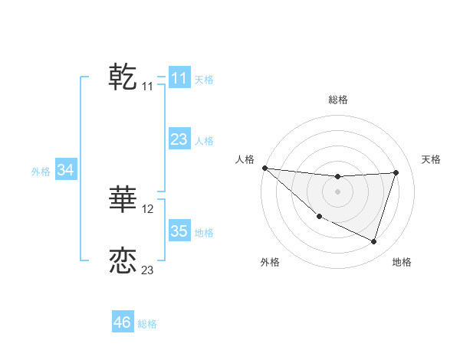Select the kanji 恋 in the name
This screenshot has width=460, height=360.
[123, 260]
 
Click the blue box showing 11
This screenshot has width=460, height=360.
[179, 77]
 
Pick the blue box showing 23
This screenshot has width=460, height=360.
[179, 139]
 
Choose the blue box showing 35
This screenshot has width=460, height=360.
[179, 231]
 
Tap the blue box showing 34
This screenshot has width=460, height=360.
[65, 170]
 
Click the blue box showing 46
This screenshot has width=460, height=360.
[122, 322]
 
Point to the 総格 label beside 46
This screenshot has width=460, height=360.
[147, 324]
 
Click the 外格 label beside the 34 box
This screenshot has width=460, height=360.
[41, 172]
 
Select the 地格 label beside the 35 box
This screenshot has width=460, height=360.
[204, 233]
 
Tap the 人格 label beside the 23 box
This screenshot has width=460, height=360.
[204, 141]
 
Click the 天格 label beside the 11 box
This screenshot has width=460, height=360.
[204, 79]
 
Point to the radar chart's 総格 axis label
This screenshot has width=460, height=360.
[338, 100]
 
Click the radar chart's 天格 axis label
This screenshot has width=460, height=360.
[432, 159]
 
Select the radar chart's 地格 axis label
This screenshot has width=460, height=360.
[402, 262]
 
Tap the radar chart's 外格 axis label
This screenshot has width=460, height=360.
[270, 262]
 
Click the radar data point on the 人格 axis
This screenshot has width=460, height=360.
[264, 168]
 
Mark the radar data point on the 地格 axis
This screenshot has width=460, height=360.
[374, 242]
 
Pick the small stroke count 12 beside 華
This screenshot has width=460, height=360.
[148, 208]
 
